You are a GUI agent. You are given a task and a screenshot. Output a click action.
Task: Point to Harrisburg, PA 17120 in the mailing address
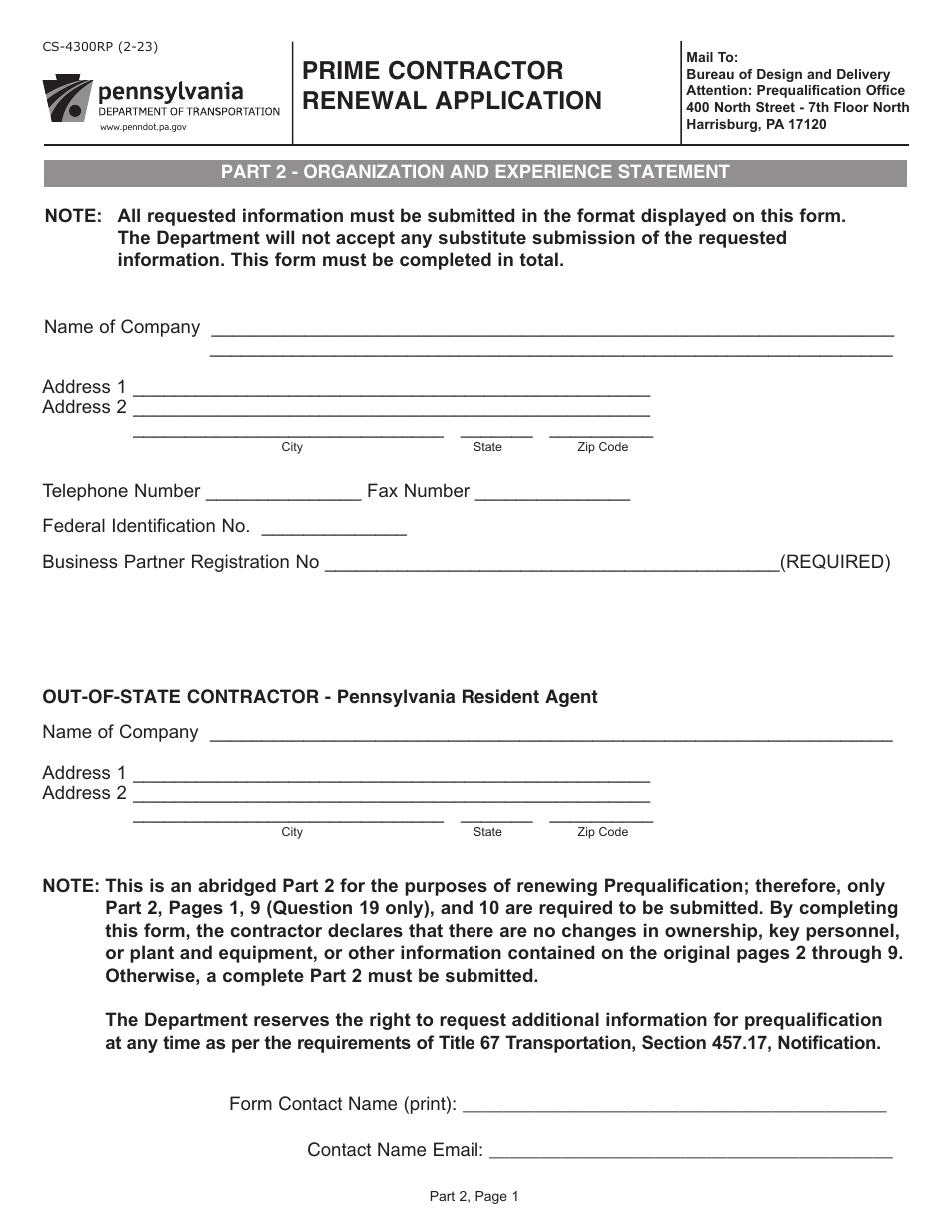pyautogui.click(x=756, y=125)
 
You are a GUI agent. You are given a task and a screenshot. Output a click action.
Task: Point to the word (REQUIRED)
pyautogui.click(x=834, y=562)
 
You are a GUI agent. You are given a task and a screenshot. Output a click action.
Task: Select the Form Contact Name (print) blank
pyautogui.click(x=674, y=1105)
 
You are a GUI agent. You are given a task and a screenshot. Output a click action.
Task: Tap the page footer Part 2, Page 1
pyautogui.click(x=474, y=1196)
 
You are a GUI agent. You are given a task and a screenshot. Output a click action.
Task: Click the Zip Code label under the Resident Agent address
pyautogui.click(x=602, y=832)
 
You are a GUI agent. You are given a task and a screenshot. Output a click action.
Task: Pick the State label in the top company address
pyautogui.click(x=487, y=447)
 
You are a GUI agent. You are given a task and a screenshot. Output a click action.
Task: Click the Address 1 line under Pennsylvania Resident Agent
pyautogui.click(x=391, y=774)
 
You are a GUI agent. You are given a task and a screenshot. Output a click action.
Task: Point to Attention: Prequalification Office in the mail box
pyautogui.click(x=795, y=91)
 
